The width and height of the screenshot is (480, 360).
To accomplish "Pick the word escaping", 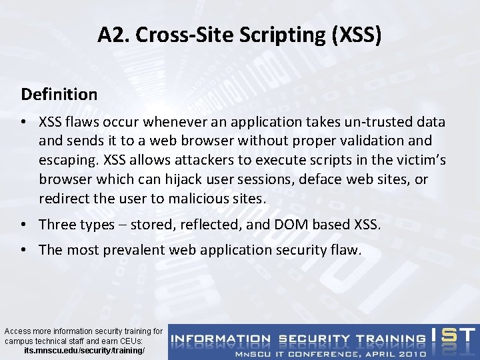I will pyautogui.click(x=69, y=161).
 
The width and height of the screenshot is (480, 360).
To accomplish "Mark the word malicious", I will pyautogui.click(x=193, y=199).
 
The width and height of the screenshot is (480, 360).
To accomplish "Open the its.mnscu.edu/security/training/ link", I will pyautogui.click(x=83, y=349).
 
